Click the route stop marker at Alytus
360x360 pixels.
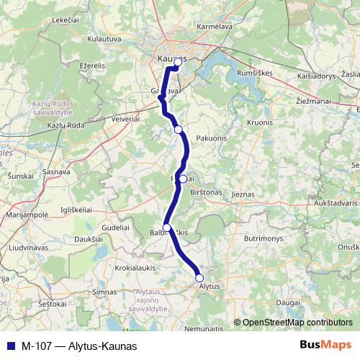(x=199, y=278)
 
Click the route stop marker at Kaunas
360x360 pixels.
(x=178, y=63)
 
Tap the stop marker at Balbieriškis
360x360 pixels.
(x=167, y=228)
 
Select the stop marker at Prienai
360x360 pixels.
(x=183, y=179)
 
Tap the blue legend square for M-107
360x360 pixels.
(x=9, y=346)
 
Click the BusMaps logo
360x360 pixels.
(x=325, y=345)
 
